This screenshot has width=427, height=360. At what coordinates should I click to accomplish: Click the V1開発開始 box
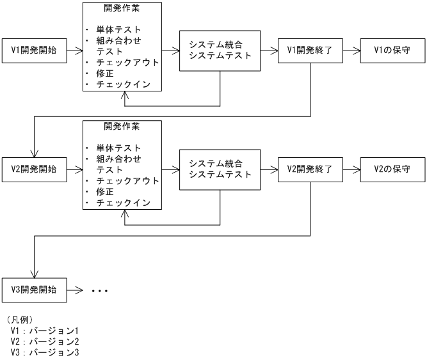pyautogui.click(x=35, y=49)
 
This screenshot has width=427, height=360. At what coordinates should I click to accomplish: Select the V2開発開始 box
pyautogui.click(x=35, y=169)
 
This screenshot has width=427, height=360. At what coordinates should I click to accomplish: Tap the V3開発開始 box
pyautogui.click(x=35, y=289)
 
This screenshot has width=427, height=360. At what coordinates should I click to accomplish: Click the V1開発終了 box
pyautogui.click(x=310, y=49)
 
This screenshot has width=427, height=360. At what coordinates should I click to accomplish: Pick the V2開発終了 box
pyautogui.click(x=310, y=169)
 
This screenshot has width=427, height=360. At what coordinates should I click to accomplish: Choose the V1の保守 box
pyautogui.click(x=392, y=49)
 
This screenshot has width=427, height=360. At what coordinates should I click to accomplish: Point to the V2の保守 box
pyautogui.click(x=392, y=169)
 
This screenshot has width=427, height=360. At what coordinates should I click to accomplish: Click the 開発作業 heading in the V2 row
pyautogui.click(x=122, y=125)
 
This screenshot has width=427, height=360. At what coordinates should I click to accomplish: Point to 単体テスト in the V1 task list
pyautogui.click(x=118, y=29)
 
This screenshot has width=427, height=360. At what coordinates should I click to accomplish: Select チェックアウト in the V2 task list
pyautogui.click(x=127, y=180)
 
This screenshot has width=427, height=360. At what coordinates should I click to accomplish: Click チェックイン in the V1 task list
pyautogui.click(x=123, y=83)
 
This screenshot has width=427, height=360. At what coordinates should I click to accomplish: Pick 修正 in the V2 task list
pyautogui.click(x=105, y=192)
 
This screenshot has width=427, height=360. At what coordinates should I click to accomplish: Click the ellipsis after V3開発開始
pyautogui.click(x=100, y=290)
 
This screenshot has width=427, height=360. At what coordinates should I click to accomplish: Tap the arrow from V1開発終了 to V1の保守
pyautogui.click(x=351, y=49)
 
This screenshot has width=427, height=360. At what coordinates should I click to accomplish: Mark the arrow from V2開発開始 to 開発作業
pyautogui.click(x=74, y=169)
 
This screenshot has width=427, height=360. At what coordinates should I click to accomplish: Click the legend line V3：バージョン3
pyautogui.click(x=45, y=352)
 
